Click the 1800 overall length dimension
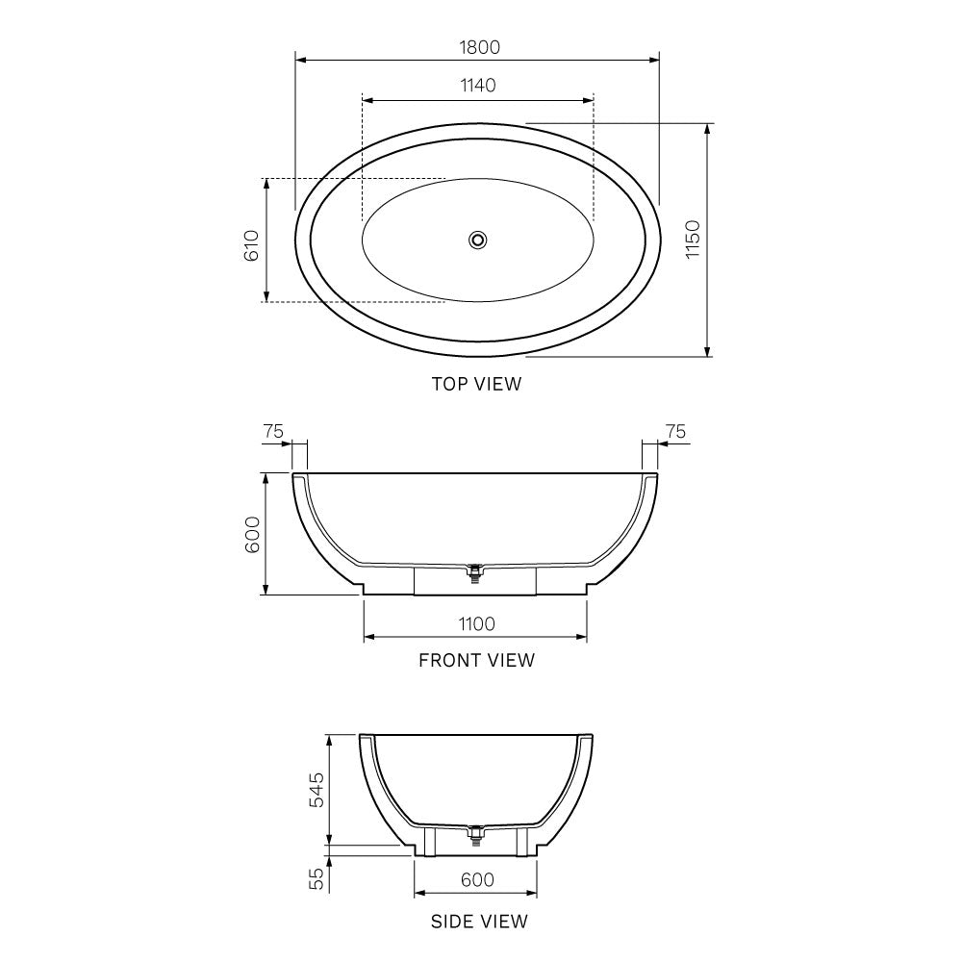[x=477, y=46]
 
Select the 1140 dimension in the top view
[x=477, y=85]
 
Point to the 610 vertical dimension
[x=251, y=245]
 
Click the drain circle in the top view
[x=477, y=240]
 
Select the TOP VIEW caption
[x=476, y=384]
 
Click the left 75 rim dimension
[x=273, y=432]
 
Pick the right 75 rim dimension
[x=676, y=432]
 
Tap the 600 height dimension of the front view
[x=252, y=534]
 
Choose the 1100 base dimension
[x=475, y=623]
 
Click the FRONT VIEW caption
[x=476, y=660]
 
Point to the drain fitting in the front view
[x=473, y=573]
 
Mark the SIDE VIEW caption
[x=478, y=922]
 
